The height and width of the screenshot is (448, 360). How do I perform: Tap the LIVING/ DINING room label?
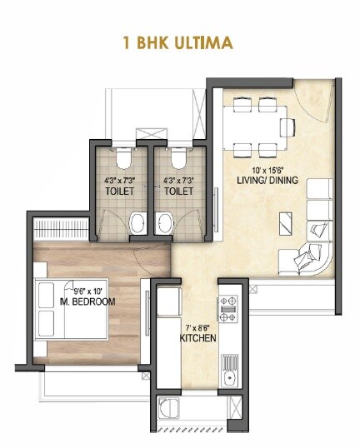(x=255, y=179)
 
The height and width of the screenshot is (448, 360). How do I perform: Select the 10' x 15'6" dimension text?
(x=255, y=167)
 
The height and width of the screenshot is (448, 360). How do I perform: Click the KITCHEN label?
(x=198, y=339)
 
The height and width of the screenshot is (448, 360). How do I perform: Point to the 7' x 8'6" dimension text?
(x=198, y=327)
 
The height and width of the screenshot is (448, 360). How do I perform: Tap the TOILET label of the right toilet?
(x=178, y=191)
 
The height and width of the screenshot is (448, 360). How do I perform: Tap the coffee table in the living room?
(x=285, y=221)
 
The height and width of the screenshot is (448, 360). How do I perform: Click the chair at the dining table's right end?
(x=288, y=127)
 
